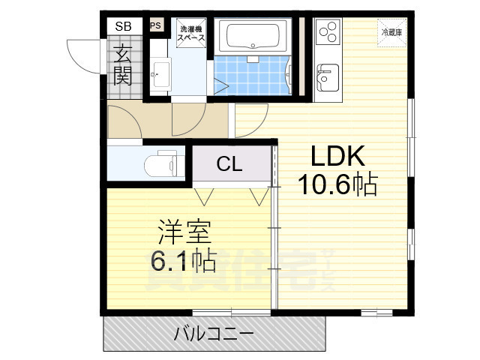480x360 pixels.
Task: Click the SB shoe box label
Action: click(x=122, y=26)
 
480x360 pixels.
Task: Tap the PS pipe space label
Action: click(x=156, y=25)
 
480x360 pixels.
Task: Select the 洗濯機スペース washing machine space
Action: click(x=191, y=34)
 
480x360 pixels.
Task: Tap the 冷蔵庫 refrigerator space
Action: click(x=391, y=33)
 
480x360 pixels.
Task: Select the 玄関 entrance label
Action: click(x=122, y=65)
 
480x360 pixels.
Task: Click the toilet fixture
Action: click(x=159, y=162)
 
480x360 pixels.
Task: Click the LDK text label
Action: click(x=337, y=157)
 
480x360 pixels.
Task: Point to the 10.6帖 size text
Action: click(x=338, y=184)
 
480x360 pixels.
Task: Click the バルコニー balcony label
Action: click(x=214, y=332)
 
